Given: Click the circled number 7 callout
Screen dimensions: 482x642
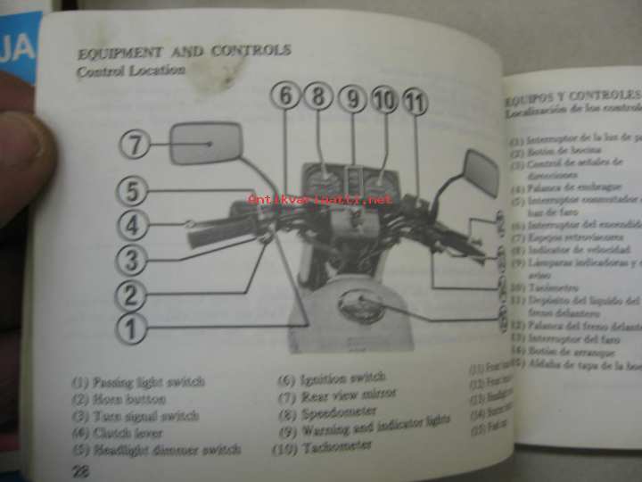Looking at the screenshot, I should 135,144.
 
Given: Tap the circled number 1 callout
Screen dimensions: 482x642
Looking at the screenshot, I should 132,328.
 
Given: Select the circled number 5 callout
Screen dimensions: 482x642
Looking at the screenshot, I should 132,190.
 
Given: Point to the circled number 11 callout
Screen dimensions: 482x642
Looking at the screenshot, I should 415,102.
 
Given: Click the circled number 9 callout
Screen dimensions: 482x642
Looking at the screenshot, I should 353,98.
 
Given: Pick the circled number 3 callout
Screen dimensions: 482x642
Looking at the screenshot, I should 132,260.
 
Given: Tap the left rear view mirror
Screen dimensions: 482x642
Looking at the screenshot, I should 206,143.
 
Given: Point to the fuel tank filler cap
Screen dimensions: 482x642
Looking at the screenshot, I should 361,306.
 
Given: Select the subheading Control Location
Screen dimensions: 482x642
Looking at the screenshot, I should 131,71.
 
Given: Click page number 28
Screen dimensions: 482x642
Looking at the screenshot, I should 80,470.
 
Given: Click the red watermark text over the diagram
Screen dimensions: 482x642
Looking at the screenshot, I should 320,199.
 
